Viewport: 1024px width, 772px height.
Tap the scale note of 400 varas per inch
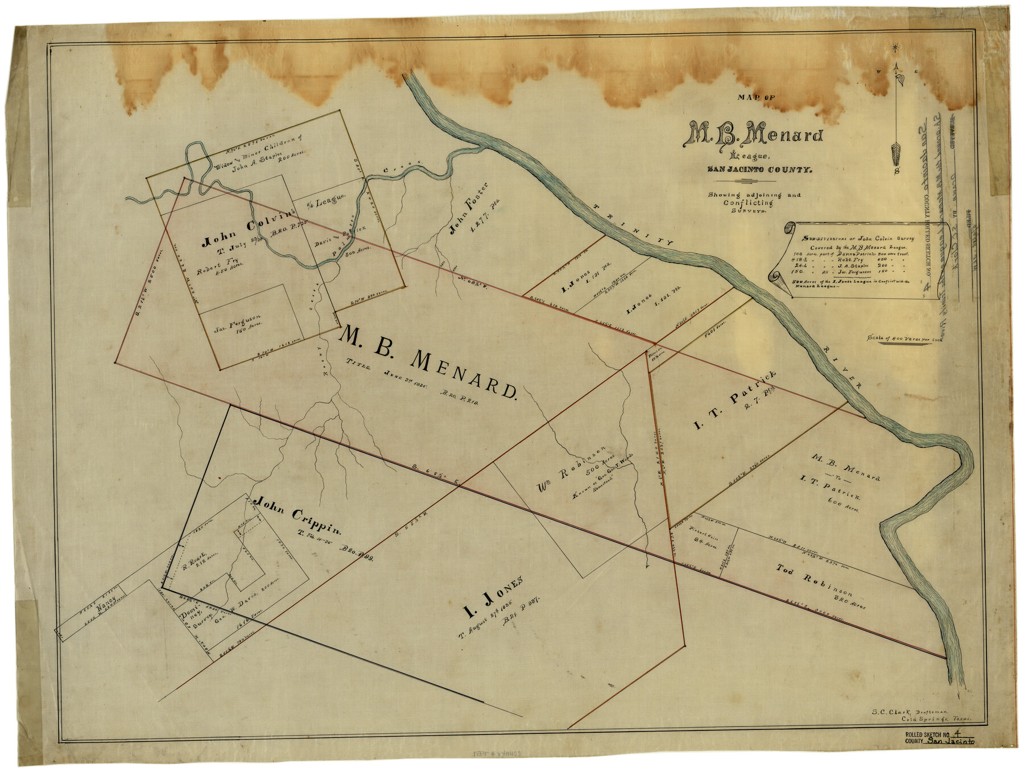[905, 337]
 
